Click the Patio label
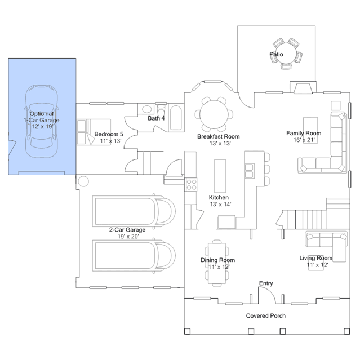pyautogui.click(x=276, y=55)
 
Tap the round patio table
pyautogui.click(x=287, y=54)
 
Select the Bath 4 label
pyautogui.click(x=156, y=118)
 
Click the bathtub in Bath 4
pyautogui.click(x=176, y=118)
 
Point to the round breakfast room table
pyautogui.click(x=214, y=114)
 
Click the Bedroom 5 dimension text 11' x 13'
pyautogui.click(x=110, y=141)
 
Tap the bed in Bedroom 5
pyautogui.click(x=94, y=132)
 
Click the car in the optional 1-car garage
pyautogui.click(x=41, y=121)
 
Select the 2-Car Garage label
pyautogui.click(x=127, y=230)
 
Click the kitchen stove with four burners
pyautogui.click(x=191, y=185)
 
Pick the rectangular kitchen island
pyautogui.click(x=220, y=176)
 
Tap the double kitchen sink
pyautogui.click(x=250, y=171)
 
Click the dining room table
pyautogui.click(x=217, y=263)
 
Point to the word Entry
pyautogui.click(x=266, y=283)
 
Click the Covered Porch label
pyautogui.click(x=266, y=315)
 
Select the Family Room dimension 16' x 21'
pyautogui.click(x=304, y=140)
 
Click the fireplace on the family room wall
pyautogui.click(x=303, y=87)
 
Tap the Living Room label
pyautogui.click(x=315, y=258)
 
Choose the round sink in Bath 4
pyautogui.click(x=146, y=109)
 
